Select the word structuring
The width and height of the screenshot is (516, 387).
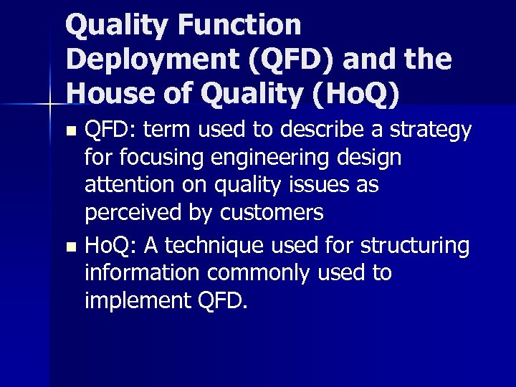(415, 246)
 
